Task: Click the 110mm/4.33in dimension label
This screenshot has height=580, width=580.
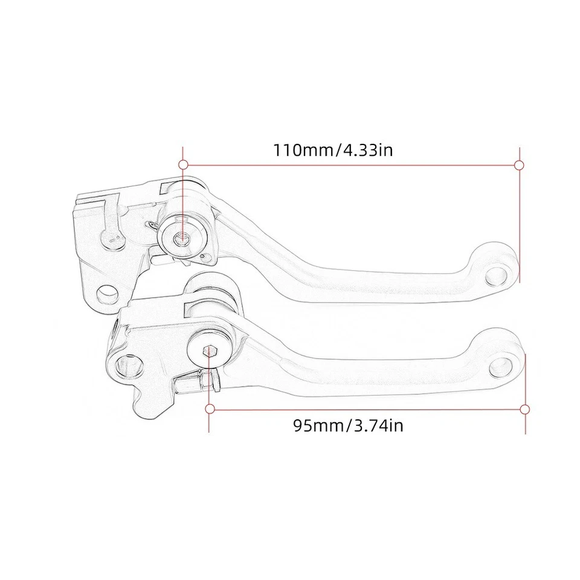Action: tap(333, 149)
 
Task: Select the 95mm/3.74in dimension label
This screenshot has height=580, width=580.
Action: tap(348, 425)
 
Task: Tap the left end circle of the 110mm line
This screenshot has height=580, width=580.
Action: tap(181, 164)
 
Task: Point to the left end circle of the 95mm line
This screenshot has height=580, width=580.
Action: tap(210, 409)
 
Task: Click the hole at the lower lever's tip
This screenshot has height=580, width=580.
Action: tap(503, 365)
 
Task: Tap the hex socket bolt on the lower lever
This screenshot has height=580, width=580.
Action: tap(208, 350)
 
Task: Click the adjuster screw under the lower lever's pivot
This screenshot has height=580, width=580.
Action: tap(193, 382)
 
